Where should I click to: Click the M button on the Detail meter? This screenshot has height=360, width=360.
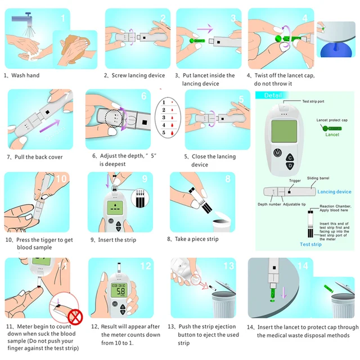point(277,152)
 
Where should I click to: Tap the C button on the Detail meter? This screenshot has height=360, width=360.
point(290,157)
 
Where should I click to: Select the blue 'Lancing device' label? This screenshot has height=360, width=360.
point(334,192)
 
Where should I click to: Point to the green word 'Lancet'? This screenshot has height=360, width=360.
point(332,135)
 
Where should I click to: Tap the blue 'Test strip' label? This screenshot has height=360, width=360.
point(310,245)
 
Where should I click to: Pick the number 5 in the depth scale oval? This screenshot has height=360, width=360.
point(164,133)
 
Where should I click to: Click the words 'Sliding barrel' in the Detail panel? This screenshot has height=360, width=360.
point(318,177)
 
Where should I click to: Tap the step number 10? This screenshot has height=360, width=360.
point(61,179)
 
